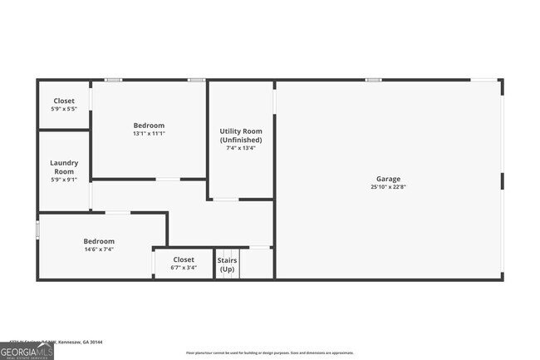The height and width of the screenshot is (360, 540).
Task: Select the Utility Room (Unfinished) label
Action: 241,136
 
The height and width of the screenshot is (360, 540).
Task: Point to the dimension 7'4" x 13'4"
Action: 241,149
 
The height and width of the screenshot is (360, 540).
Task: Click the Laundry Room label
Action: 63,167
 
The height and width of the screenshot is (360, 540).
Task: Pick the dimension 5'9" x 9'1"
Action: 63,180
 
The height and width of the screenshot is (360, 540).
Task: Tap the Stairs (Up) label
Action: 227,265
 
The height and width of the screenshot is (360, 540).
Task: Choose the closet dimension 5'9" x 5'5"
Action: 63,109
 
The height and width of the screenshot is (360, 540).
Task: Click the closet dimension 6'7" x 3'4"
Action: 184,268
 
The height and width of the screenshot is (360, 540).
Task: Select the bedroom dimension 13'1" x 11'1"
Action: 149,133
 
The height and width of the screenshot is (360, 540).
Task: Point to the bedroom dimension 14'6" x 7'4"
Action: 99,249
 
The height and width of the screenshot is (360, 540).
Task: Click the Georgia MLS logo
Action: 27,352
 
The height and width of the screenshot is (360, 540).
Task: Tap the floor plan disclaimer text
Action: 258,353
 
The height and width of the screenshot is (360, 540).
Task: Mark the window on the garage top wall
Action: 373,80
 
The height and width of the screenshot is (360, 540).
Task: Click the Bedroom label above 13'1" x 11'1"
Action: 149,125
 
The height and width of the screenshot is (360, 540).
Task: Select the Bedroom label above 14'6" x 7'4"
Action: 99,241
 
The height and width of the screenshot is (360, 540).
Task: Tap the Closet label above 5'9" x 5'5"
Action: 63,101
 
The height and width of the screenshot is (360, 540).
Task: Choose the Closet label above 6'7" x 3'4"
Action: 184,259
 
